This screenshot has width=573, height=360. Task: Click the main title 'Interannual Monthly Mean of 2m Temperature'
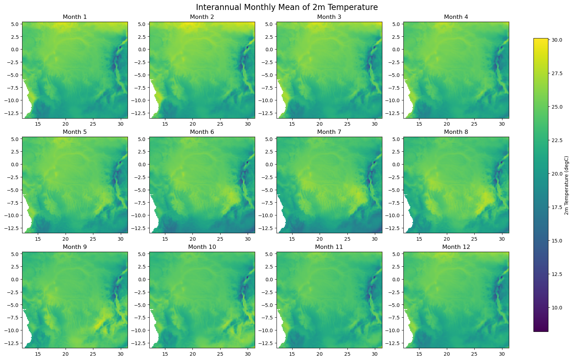[286, 7]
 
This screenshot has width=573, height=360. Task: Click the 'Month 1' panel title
[74, 17]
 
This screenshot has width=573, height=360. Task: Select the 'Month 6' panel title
[202, 132]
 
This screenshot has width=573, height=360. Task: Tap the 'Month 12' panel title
[456, 247]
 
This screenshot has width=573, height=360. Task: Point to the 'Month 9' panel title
[74, 247]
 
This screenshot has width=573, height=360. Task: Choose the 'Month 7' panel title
[329, 132]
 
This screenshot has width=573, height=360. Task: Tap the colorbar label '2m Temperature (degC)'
[567, 185]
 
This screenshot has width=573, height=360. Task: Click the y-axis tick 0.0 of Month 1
[15, 49]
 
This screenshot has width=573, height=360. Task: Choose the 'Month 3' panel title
[329, 17]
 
